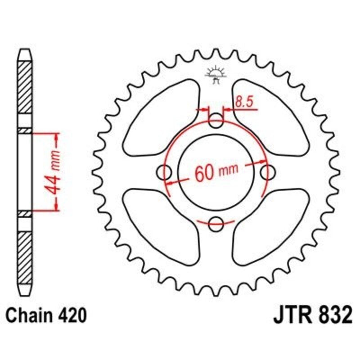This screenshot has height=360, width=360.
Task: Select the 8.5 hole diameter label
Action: click(x=243, y=103)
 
